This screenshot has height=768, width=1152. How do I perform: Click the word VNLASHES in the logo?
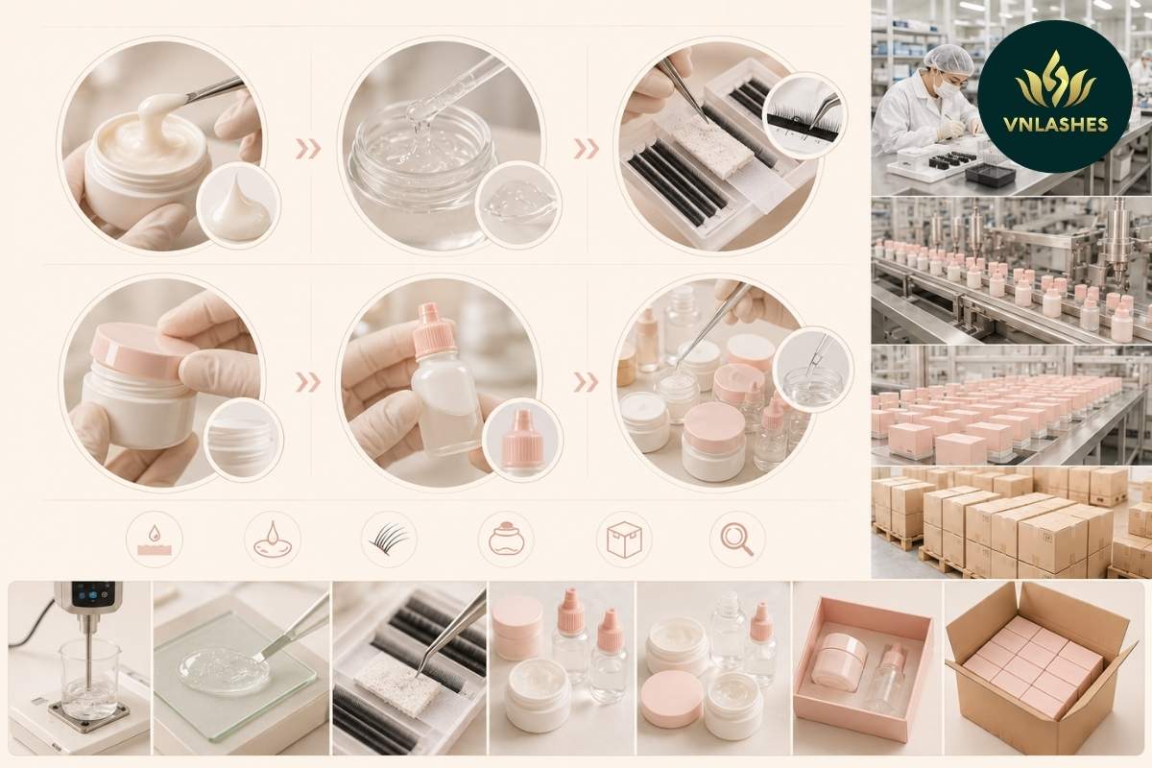click(1055, 124)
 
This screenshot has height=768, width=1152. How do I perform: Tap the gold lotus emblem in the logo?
click(1056, 80)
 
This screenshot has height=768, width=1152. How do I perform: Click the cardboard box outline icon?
click(624, 540)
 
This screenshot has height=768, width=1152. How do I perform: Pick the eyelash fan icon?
click(387, 540)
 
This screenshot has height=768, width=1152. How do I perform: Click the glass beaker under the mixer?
click(88, 678)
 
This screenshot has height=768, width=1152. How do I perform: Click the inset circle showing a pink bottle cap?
click(523, 440)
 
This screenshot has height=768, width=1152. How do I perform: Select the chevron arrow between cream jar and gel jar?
click(308, 149)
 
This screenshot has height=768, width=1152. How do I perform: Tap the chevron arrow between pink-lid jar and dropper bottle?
click(308, 382)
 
